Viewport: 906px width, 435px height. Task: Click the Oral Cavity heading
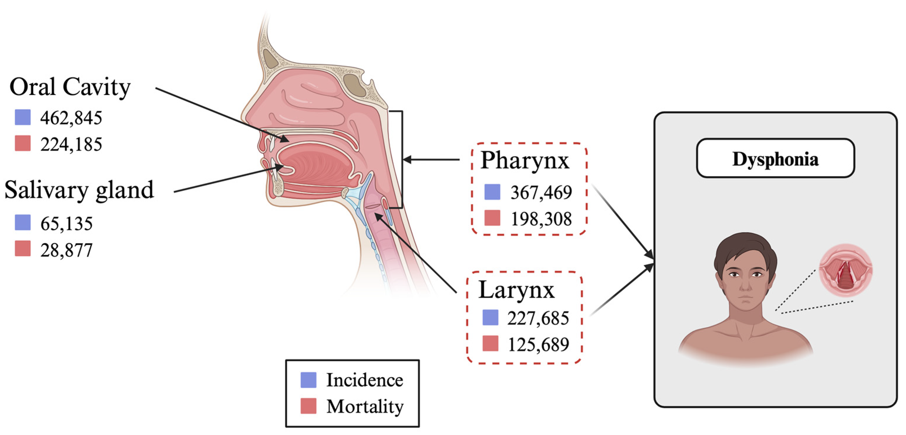pos(70,87)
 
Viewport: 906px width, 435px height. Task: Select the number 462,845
pos(71,118)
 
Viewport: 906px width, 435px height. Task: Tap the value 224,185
pos(71,144)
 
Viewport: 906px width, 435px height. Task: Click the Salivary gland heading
pos(79,190)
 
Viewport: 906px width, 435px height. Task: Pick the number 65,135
pos(66,224)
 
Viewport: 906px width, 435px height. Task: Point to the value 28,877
pos(66,250)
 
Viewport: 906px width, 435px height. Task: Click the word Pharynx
pos(524,160)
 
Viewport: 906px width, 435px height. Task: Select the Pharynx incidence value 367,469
pos(541,192)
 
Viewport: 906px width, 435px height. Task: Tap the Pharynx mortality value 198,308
pos(541,219)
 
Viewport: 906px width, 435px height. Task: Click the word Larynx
pos(516,290)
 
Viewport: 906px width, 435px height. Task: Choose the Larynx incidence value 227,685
pos(538,318)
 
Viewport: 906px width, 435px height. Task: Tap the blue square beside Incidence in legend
pos(308,380)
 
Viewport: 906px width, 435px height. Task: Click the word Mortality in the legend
pos(365,407)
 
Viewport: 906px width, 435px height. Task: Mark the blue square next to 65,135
pos(23,223)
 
